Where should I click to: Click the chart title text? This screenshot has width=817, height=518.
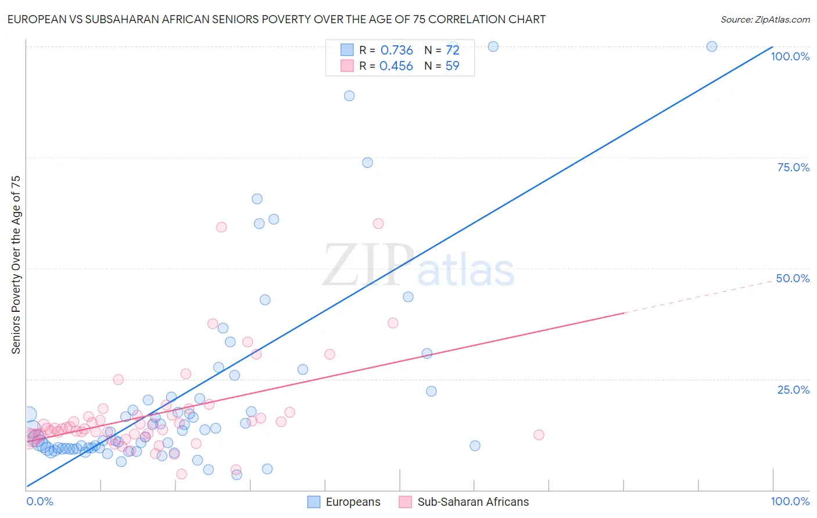click(x=277, y=19)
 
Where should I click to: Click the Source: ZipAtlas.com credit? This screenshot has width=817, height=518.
click(x=765, y=19)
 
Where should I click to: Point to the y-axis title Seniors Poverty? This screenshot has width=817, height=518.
click(x=16, y=264)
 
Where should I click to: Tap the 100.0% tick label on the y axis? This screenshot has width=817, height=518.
click(x=790, y=56)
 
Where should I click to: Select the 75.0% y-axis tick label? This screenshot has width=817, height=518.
click(x=793, y=167)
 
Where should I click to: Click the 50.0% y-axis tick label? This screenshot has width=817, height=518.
click(x=793, y=278)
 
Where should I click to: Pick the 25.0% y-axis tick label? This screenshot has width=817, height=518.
click(x=793, y=390)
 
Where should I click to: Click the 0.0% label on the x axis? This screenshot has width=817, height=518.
click(x=40, y=501)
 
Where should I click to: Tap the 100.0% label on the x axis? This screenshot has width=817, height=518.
click(x=790, y=501)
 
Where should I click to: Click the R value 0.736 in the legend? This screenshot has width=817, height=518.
click(x=396, y=51)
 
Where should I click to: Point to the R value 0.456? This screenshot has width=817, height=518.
click(x=396, y=66)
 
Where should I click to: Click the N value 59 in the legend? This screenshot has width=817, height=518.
click(x=452, y=66)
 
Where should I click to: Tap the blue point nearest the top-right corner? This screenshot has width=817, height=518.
click(x=711, y=46)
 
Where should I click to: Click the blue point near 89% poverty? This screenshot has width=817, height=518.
click(x=349, y=96)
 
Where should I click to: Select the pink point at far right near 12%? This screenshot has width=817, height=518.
click(x=539, y=435)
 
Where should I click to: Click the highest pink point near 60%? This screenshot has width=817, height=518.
click(x=378, y=224)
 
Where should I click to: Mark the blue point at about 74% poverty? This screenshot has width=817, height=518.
click(x=367, y=163)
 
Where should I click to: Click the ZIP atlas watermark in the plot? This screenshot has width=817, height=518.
click(x=418, y=266)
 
